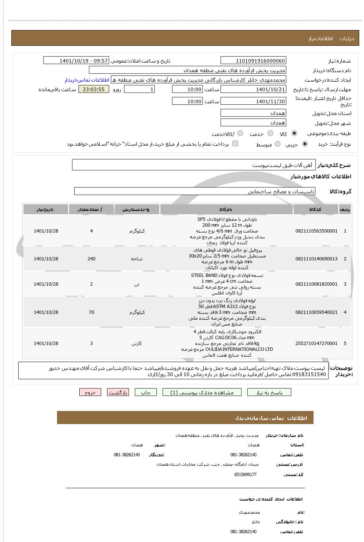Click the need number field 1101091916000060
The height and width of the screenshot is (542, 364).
tap(253, 61)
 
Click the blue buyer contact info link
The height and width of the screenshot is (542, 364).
tap(87, 80)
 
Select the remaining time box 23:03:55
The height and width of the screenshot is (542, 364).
tap(94, 89)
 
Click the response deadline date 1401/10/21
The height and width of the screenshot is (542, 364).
tap(253, 89)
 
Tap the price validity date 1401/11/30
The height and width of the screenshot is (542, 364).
tap(253, 101)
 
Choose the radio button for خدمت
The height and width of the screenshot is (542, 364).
tap(270, 134)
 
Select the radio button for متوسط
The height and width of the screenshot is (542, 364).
tap(278, 144)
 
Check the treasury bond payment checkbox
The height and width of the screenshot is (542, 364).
tap(235, 144)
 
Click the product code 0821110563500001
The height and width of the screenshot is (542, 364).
tap(316, 231)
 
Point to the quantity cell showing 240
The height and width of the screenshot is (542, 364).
tap(91, 259)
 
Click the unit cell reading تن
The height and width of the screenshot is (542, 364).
tap(137, 284)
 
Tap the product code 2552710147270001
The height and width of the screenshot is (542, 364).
tap(316, 344)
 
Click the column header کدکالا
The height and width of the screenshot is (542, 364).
tap(315, 209)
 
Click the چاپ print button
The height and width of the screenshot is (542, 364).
tap(146, 392)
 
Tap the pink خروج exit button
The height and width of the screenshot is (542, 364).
tap(90, 392)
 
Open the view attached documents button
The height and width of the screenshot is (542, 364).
tap(202, 392)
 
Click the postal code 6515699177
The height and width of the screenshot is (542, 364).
tap(245, 475)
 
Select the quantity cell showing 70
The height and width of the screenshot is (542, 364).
tap(91, 312)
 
